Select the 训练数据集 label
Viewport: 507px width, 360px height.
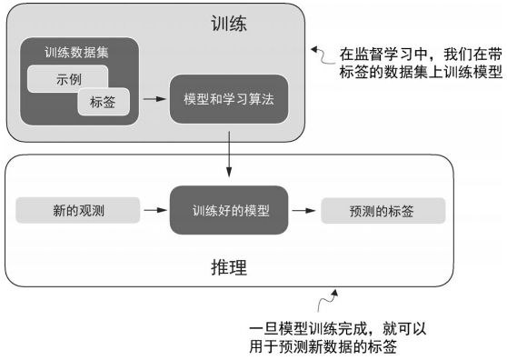[x=76, y=53]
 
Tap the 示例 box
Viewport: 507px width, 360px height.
[x=68, y=78]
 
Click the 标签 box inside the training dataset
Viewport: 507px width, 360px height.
[x=103, y=103]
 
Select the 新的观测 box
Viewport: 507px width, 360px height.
[x=77, y=211]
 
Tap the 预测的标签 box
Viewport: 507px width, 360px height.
[x=382, y=211]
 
